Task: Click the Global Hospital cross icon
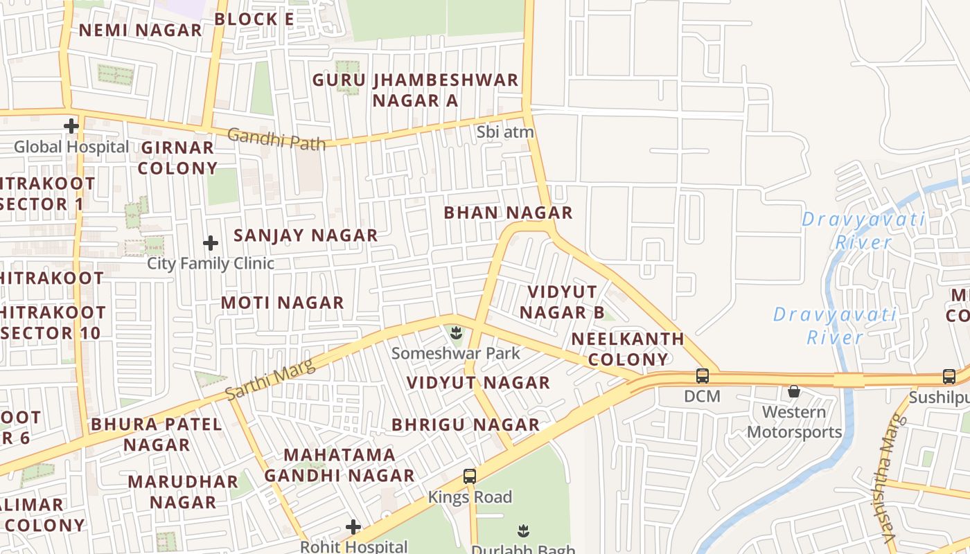tap(71, 126)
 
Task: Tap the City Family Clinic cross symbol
tap(211, 243)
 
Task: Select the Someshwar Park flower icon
tap(456, 334)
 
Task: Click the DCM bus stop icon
tap(703, 376)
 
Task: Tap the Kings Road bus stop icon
tap(470, 476)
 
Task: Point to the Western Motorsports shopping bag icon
tap(794, 392)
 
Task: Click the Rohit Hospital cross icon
tap(353, 527)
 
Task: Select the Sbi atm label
tap(505, 131)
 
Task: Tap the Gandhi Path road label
tap(276, 139)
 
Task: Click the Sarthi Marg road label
tap(270, 380)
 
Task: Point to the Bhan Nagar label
tap(508, 213)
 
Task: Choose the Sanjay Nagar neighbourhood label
tap(306, 235)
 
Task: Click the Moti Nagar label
tap(282, 303)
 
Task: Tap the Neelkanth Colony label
tap(628, 349)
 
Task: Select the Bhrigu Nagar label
tap(466, 425)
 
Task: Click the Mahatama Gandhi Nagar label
tap(339, 465)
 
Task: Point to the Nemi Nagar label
tap(140, 30)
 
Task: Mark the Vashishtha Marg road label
tap(891, 478)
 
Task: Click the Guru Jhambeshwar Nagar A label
tap(415, 90)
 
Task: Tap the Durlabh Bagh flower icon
tap(523, 531)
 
